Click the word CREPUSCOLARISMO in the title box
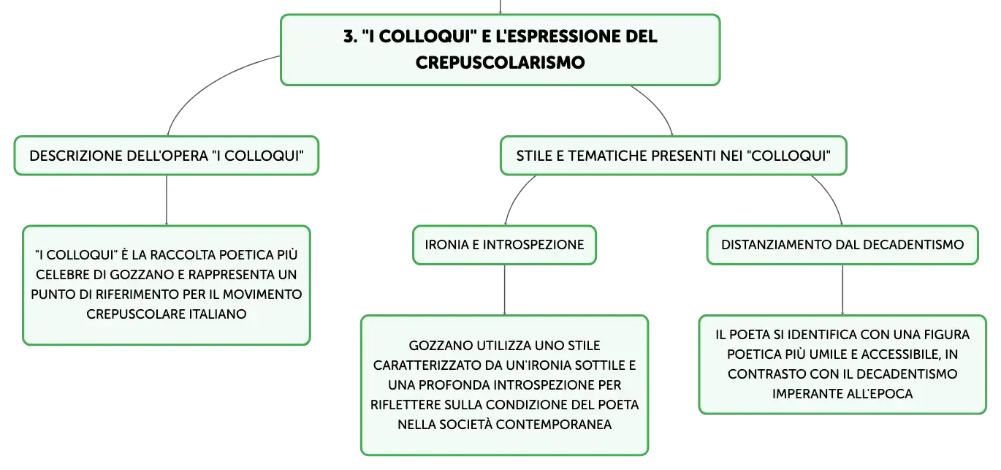[x=500, y=62]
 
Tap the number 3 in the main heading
[x=349, y=37]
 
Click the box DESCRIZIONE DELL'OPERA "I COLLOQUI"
[x=167, y=156]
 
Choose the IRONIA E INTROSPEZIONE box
[x=505, y=245]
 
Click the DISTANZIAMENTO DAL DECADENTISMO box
[x=842, y=245]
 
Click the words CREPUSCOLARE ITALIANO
[x=167, y=314]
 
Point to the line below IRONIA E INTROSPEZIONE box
[x=505, y=289]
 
